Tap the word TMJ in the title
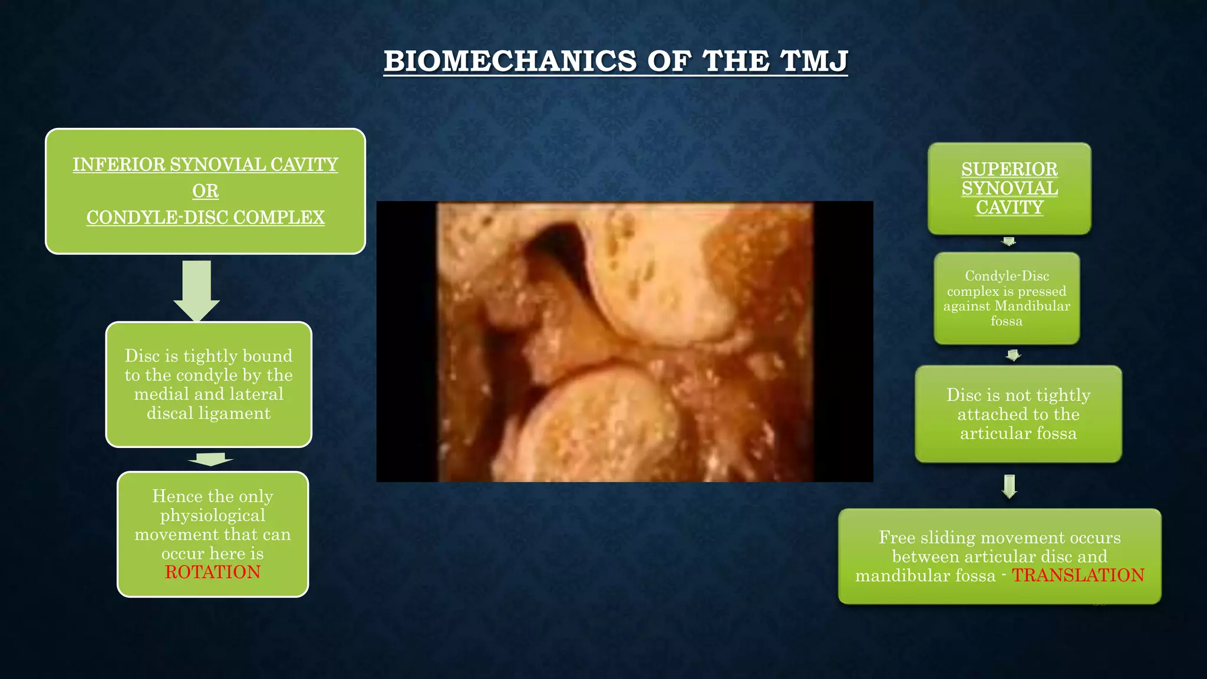click(x=813, y=61)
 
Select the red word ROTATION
click(x=213, y=572)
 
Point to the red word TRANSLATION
click(x=1078, y=575)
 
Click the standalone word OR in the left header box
click(x=205, y=191)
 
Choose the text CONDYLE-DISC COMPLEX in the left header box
click(x=205, y=217)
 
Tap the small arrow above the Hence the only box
click(x=210, y=459)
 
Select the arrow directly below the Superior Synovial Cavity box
click(x=1009, y=242)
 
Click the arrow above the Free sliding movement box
click(x=1010, y=486)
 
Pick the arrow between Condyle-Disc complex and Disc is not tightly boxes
click(x=1013, y=355)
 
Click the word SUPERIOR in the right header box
click(x=1010, y=169)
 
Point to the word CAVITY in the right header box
click(x=1010, y=207)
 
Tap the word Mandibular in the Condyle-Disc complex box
click(x=1032, y=306)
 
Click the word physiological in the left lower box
click(x=213, y=516)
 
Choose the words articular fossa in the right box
click(x=1018, y=434)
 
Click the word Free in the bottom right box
click(x=897, y=538)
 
